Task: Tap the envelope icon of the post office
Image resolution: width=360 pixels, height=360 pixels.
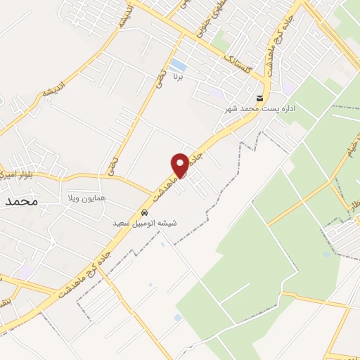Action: [x=261, y=98]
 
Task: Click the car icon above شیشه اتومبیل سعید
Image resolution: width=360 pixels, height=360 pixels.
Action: [x=145, y=212]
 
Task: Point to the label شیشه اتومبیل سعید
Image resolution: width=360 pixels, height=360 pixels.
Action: [x=146, y=223]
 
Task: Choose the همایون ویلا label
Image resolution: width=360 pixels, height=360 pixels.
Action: [x=86, y=199]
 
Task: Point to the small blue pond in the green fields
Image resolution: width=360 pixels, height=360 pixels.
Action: [x=325, y=253]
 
